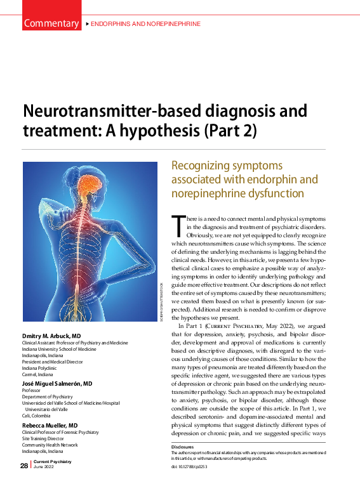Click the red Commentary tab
50,23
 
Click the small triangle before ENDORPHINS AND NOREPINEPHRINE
87,24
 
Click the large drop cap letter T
178,226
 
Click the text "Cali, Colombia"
37,415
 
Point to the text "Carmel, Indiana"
37,374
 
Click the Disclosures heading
182,447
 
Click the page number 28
23,466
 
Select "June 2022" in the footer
43,469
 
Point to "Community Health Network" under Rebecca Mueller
50,445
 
